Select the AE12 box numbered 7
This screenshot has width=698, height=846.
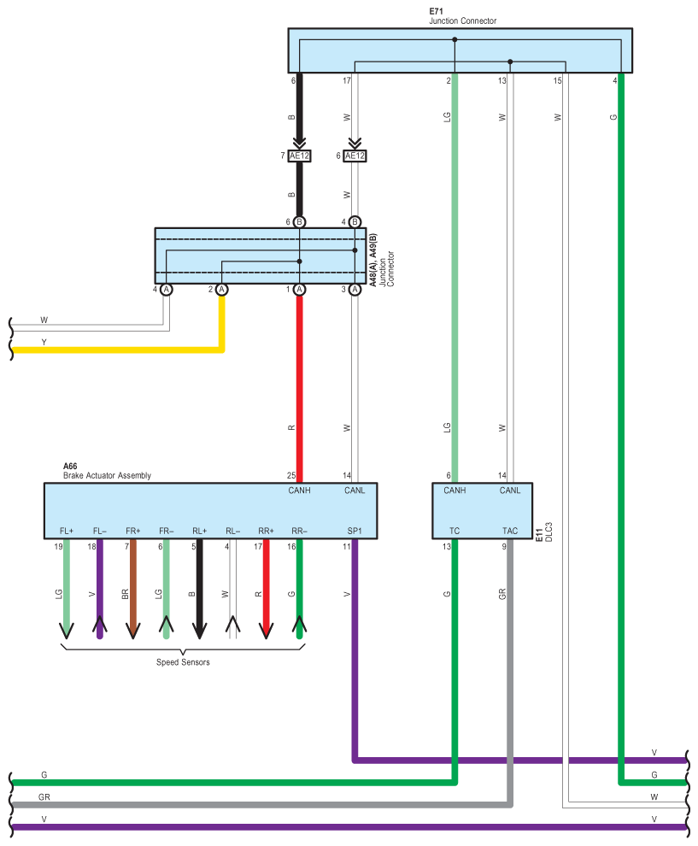299,156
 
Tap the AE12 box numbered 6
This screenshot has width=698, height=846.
355,156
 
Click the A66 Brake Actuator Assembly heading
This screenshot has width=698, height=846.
107,471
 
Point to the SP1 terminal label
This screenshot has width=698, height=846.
354,531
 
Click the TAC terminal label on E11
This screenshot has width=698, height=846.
509,531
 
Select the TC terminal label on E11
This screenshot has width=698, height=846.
455,531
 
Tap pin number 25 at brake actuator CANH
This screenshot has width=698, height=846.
291,476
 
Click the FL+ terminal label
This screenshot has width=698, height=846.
66,531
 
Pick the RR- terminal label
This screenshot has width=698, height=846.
299,531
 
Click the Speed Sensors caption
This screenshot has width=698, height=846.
183,662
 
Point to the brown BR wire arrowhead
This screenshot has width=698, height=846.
132,631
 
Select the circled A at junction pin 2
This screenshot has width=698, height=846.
222,290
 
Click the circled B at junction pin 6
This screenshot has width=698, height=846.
299,222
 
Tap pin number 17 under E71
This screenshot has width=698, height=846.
347,80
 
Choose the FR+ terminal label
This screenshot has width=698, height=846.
132,531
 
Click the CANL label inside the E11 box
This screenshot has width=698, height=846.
509,491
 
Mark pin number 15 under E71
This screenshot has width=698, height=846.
558,80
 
